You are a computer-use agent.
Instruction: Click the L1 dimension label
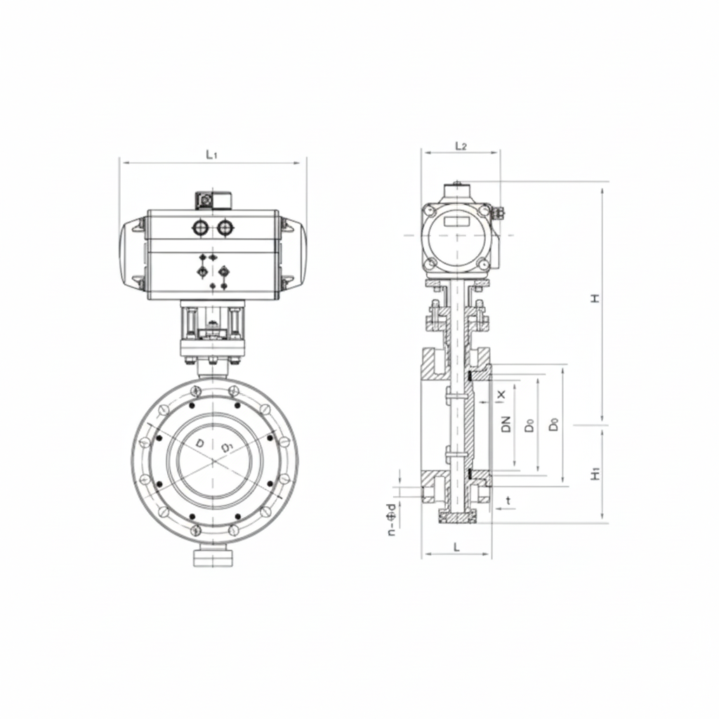[x=211, y=154]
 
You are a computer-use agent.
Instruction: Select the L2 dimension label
[x=461, y=145]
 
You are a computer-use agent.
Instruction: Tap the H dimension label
[x=595, y=299]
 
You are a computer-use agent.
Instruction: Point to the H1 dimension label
[x=595, y=475]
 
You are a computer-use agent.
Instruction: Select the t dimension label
[x=508, y=501]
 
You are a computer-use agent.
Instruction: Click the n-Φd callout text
[x=391, y=520]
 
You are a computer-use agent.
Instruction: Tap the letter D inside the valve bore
[x=200, y=443]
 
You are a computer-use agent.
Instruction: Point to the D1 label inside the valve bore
[x=226, y=447]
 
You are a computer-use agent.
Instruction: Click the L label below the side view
[x=456, y=547]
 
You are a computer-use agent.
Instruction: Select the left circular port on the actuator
[x=199, y=227]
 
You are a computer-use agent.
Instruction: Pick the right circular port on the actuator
[x=224, y=227]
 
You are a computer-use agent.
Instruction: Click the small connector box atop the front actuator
[x=212, y=200]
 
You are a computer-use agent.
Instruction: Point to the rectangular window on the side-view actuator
[x=456, y=221]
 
